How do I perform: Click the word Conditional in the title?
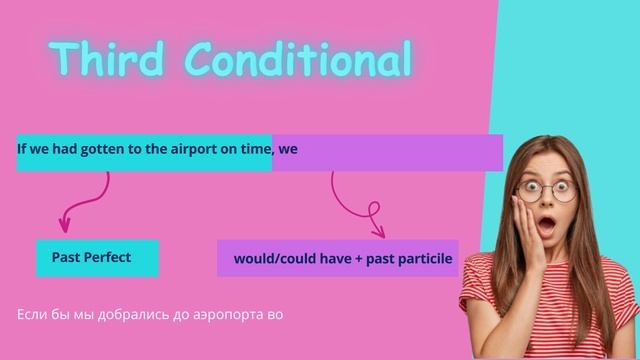pos(300,59)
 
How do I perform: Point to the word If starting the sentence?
pos(21,149)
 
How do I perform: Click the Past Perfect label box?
pos(97,258)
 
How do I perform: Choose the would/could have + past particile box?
pos(338,258)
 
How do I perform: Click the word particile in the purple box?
pos(426,259)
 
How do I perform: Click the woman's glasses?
pos(547,187)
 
